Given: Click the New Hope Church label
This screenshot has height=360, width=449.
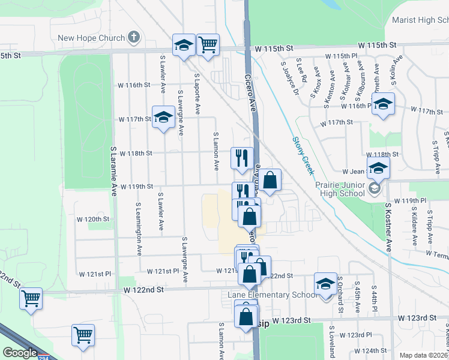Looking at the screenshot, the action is (x=91, y=38).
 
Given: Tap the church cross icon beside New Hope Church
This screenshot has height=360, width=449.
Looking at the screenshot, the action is (x=134, y=38).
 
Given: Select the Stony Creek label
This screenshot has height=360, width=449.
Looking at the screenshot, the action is (x=303, y=155).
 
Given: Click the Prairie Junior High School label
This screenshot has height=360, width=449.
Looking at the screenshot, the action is (x=340, y=188).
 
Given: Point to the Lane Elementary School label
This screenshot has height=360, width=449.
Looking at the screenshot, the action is (x=272, y=295).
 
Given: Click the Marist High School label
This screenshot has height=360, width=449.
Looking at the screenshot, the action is (x=420, y=20).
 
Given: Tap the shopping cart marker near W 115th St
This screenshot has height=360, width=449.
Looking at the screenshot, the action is (x=207, y=44).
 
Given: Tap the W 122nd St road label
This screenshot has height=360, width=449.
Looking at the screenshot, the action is (x=144, y=290).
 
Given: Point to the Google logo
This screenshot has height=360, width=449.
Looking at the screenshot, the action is (x=20, y=353).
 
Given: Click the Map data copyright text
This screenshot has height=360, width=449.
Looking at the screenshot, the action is (x=424, y=355).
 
